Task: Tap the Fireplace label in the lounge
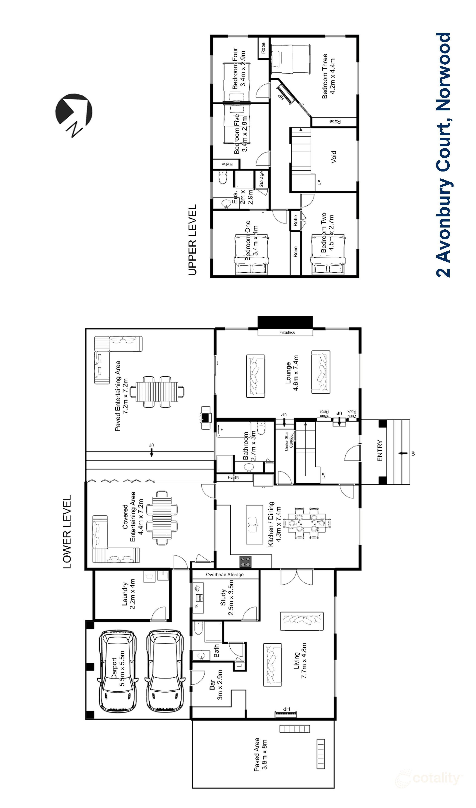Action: (x=287, y=332)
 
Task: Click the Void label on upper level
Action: (x=334, y=157)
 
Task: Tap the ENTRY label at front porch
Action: (x=380, y=451)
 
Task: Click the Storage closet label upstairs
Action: (x=261, y=179)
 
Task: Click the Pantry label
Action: (x=234, y=477)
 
